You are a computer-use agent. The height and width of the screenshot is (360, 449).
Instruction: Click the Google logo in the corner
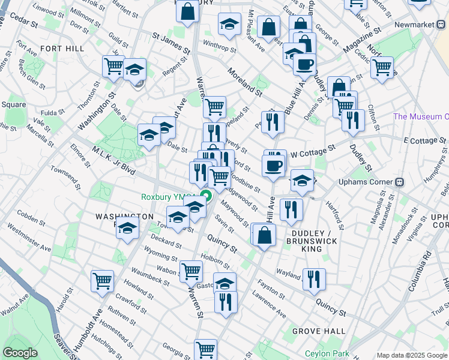coord(20,353)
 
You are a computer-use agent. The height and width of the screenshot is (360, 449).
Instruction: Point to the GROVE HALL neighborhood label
coord(319,331)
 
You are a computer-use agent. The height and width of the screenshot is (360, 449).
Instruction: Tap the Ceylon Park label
coord(327,353)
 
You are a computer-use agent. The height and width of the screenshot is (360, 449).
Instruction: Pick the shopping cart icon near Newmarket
coord(382,68)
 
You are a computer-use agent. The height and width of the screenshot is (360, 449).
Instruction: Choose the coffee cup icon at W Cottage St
coord(273,165)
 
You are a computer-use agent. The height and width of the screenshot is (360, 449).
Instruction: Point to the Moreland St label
coord(245,83)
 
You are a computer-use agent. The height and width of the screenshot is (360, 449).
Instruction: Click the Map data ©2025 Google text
coord(412,355)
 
